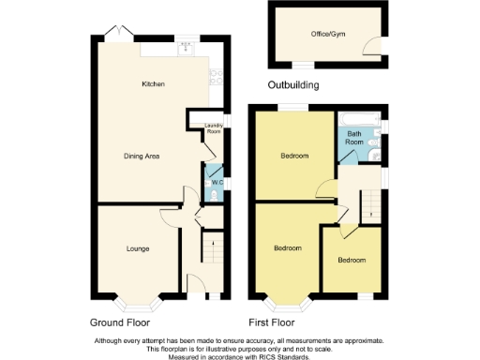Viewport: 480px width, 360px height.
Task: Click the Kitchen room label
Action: pyautogui.click(x=153, y=84)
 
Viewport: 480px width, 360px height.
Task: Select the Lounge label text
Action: pyautogui.click(x=139, y=248)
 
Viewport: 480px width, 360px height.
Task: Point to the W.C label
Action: pyautogui.click(x=216, y=182)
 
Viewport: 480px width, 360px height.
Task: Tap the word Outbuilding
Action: pyautogui.click(x=293, y=85)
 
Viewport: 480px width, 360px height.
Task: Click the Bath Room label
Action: pyautogui.click(x=354, y=138)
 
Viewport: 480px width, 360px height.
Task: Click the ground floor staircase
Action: pyautogui.click(x=212, y=251)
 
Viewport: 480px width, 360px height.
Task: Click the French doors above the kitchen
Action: pyautogui.click(x=116, y=33)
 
